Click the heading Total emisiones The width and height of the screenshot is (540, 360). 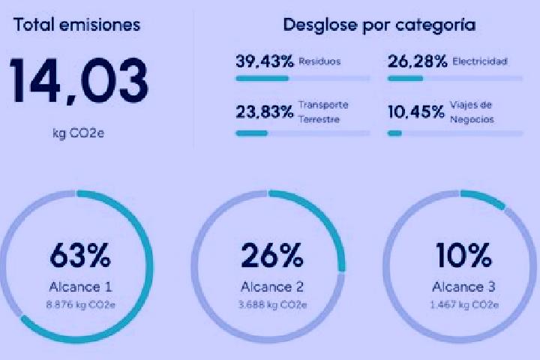click(x=76, y=25)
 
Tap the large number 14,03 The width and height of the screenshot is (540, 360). click(x=79, y=80)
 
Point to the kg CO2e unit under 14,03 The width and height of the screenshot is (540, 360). click(x=79, y=133)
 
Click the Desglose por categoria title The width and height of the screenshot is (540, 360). click(x=379, y=25)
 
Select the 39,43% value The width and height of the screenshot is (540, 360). click(x=265, y=61)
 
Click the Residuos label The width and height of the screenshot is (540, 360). click(x=319, y=61)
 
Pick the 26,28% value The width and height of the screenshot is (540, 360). click(x=418, y=61)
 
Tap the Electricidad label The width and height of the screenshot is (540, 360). click(x=480, y=61)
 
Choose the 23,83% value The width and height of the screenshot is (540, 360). click(x=265, y=112)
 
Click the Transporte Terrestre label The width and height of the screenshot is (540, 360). click(x=323, y=112)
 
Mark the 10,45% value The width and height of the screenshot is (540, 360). click(x=416, y=112)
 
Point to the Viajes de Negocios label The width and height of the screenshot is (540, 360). click(x=472, y=112)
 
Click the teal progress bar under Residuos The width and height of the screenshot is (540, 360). click(x=262, y=79)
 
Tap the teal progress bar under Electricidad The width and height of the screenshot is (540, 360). click(x=405, y=79)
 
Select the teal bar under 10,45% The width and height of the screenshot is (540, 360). click(x=394, y=133)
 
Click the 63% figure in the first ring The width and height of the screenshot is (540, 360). click(x=80, y=255)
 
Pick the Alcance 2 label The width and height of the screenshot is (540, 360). click(x=272, y=287)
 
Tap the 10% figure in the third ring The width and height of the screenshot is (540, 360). click(x=464, y=255)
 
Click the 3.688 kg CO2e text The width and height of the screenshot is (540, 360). click(x=272, y=305)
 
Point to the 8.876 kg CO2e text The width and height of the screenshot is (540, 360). click(x=80, y=305)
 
